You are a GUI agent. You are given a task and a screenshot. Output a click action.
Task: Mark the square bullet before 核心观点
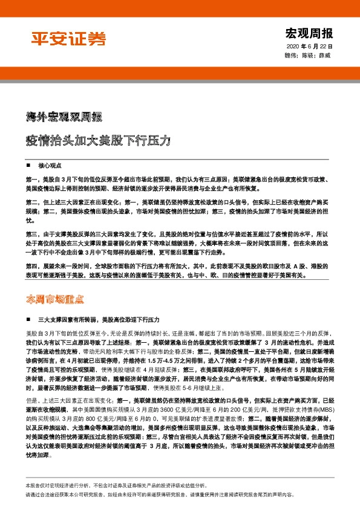click(x=28, y=165)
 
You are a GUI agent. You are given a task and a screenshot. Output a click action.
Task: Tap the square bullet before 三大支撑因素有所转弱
click(x=28, y=319)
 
